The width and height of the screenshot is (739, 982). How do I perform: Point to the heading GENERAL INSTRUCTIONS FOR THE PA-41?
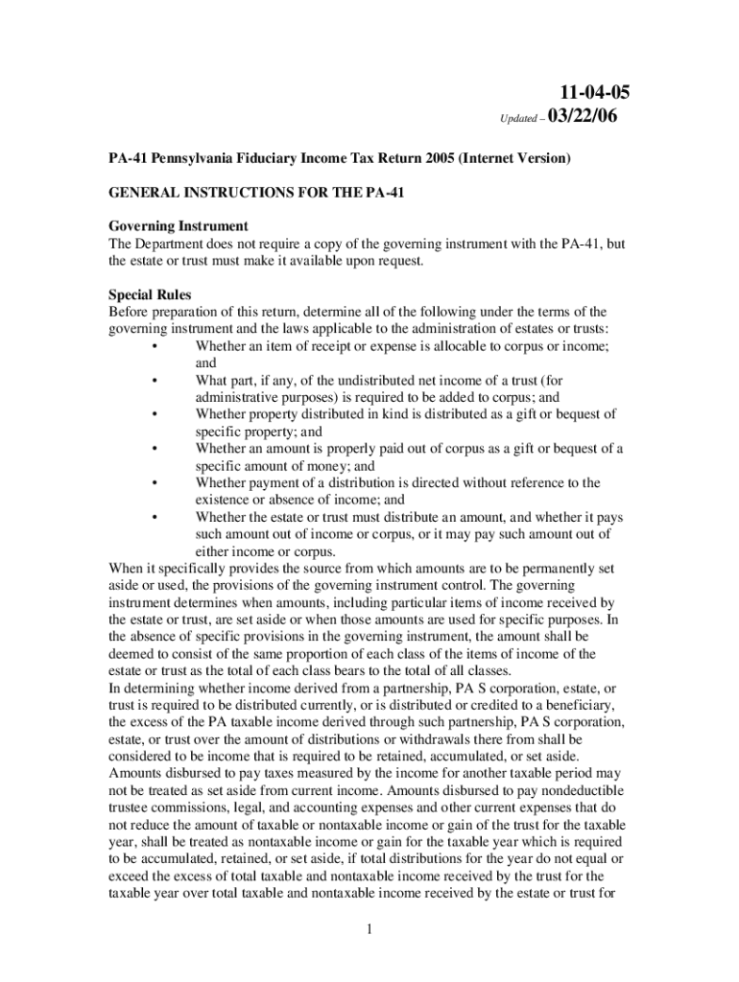pyautogui.click(x=256, y=193)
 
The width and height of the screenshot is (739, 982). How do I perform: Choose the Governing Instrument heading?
pyautogui.click(x=178, y=226)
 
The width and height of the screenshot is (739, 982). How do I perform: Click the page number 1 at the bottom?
pyautogui.click(x=370, y=928)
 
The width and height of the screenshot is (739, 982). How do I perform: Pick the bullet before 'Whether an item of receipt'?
pyautogui.click(x=154, y=346)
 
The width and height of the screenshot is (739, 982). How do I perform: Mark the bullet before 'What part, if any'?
pyautogui.click(x=154, y=381)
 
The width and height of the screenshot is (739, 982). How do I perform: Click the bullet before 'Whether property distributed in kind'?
pyautogui.click(x=154, y=414)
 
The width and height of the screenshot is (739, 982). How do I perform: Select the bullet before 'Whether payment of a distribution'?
pyautogui.click(x=154, y=482)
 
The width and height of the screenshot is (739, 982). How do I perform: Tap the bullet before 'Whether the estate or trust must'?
pyautogui.click(x=154, y=517)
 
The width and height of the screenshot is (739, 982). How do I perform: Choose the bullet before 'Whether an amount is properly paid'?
pyautogui.click(x=154, y=448)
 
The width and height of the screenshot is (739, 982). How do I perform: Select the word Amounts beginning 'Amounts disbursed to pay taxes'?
pyautogui.click(x=137, y=772)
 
